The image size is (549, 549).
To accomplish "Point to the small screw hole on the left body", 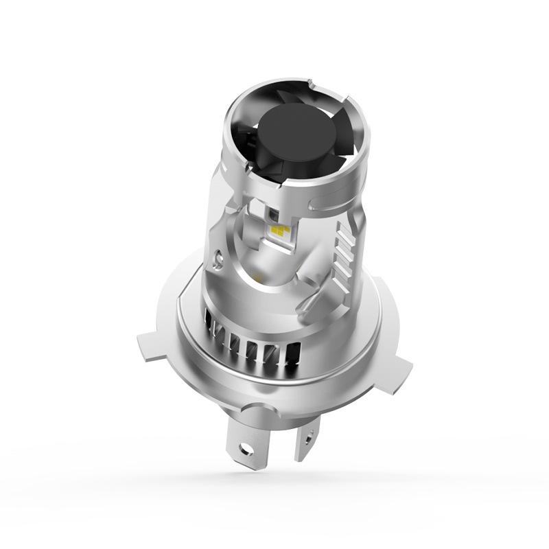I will point(218,259).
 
